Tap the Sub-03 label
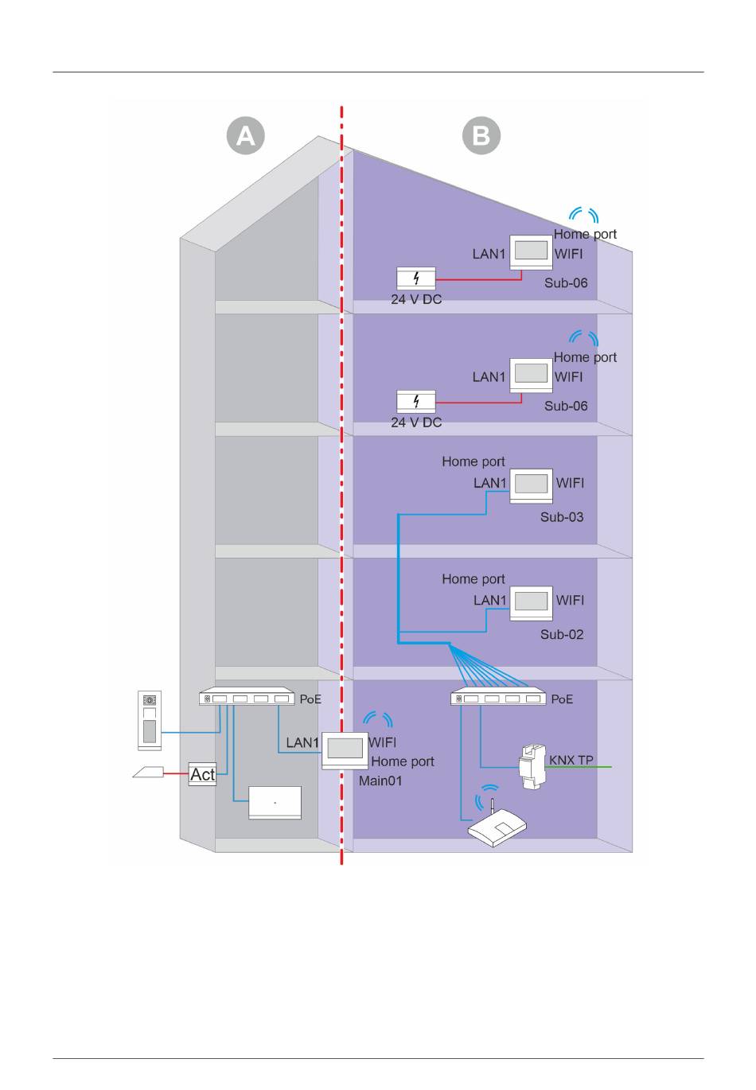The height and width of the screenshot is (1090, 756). click(x=562, y=517)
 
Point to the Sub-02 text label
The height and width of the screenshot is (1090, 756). click(x=562, y=635)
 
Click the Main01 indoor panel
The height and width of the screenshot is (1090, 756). click(x=344, y=749)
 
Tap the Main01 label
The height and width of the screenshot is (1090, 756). click(x=380, y=781)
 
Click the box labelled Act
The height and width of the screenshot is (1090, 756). click(x=202, y=774)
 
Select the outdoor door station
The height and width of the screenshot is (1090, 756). click(x=150, y=720)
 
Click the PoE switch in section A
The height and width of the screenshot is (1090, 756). click(x=247, y=698)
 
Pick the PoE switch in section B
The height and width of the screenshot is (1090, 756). click(x=499, y=698)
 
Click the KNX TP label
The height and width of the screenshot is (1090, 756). click(x=571, y=761)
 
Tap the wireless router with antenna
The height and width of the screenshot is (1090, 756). click(x=497, y=827)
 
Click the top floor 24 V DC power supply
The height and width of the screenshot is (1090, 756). click(x=416, y=278)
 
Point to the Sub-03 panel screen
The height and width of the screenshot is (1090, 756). click(x=531, y=483)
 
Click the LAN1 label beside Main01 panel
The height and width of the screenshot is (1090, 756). click(x=302, y=743)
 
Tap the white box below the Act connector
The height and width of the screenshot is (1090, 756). click(x=275, y=803)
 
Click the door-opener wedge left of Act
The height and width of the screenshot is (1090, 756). click(x=148, y=772)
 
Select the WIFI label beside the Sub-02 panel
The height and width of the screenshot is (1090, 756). click(x=570, y=601)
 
